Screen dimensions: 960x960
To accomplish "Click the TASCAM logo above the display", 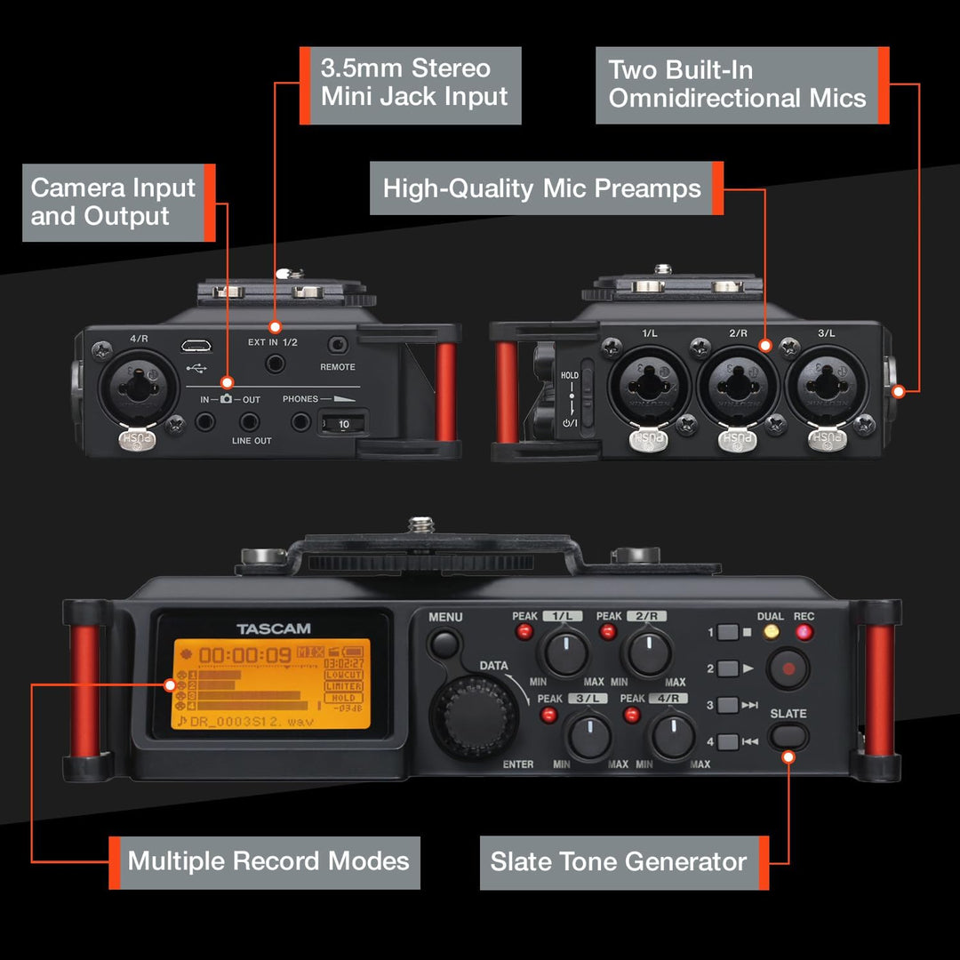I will (274, 629).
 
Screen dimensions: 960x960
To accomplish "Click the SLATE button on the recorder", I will (788, 735).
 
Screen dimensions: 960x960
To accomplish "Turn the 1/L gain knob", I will (565, 652).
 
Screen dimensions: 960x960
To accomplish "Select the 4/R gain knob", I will (674, 735).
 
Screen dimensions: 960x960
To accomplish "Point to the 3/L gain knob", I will (589, 735).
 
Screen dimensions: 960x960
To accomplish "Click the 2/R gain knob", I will (650, 652).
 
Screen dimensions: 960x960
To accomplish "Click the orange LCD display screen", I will (270, 684).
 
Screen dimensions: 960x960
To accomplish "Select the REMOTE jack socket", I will (337, 345).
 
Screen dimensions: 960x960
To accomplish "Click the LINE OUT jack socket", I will (252, 421).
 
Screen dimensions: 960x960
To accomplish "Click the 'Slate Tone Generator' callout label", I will (620, 861).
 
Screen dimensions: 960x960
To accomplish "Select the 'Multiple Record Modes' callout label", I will (267, 861).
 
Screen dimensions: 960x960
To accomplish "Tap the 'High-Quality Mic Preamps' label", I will (542, 188).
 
